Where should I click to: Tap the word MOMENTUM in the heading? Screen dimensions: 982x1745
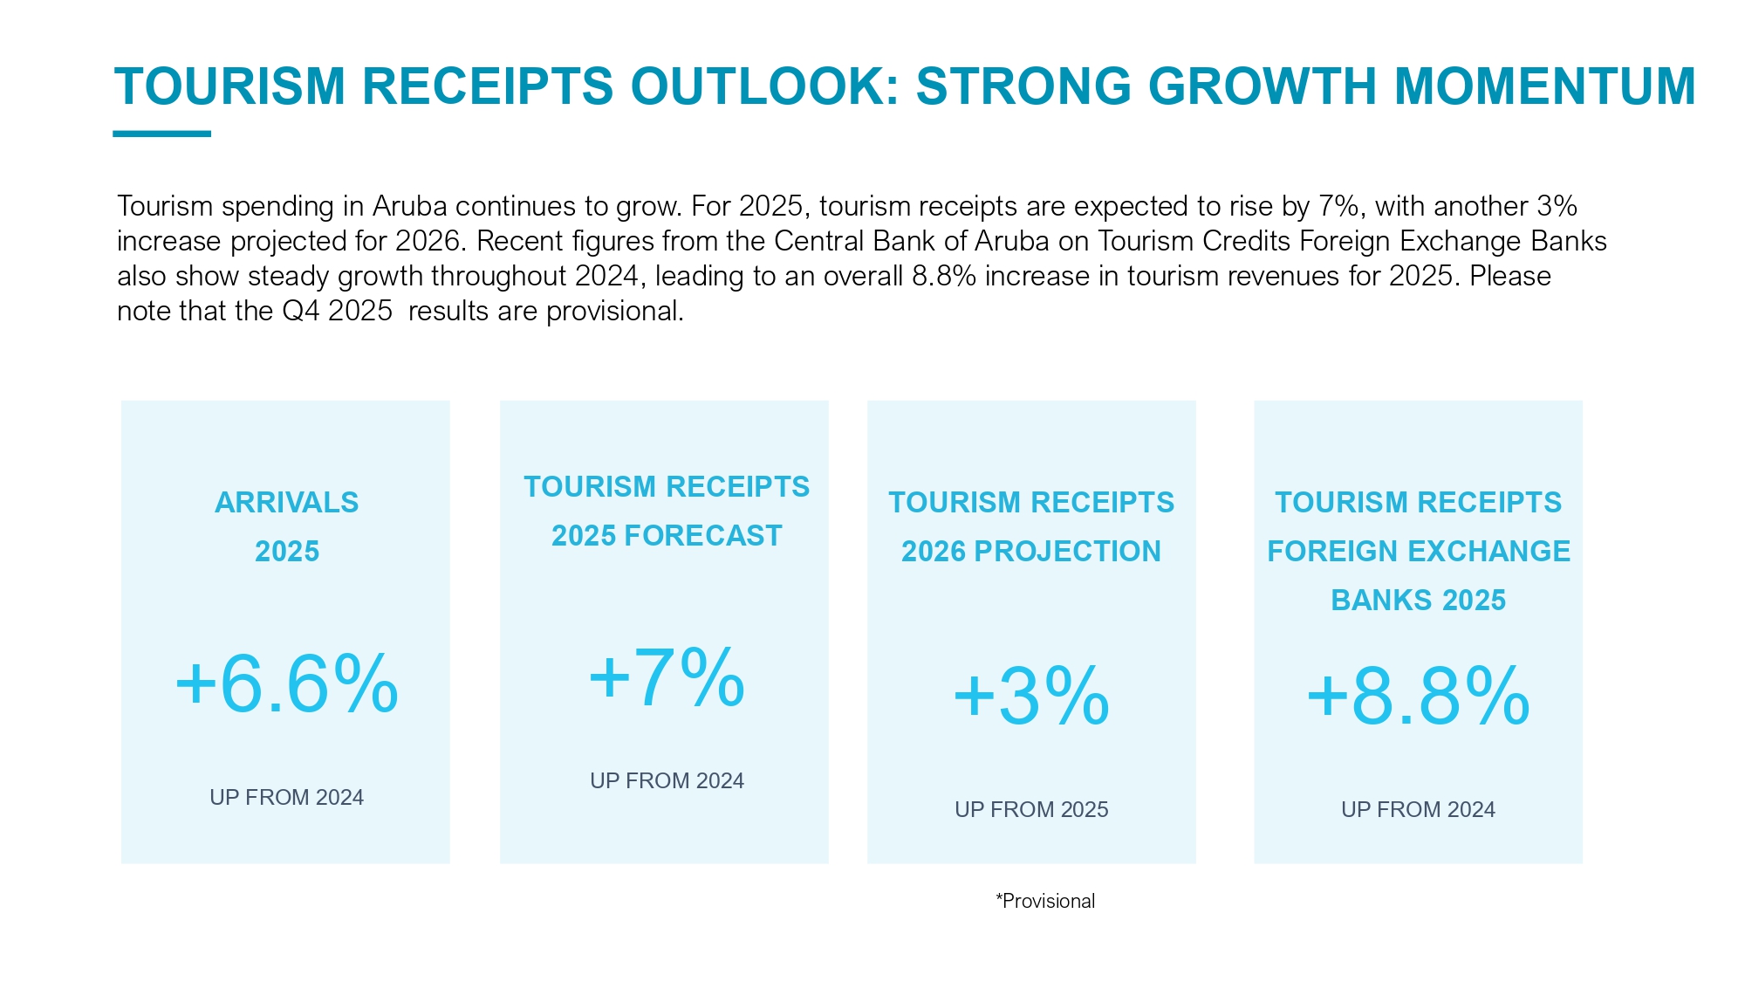tap(1544, 86)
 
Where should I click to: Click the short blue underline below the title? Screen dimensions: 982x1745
tap(161, 134)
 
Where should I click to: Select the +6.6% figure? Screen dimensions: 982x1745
tap(286, 685)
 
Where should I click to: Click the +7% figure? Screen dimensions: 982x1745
tap(667, 678)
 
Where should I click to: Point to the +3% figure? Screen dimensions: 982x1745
tap(1030, 697)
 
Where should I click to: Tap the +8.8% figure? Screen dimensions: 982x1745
tap(1418, 697)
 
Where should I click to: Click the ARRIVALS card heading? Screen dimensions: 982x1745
tap(286, 503)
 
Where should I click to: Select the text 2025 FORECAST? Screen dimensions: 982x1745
tap(667, 536)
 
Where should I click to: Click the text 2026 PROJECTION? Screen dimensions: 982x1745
tap(1030, 552)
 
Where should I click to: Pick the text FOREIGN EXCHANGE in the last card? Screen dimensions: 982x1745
tap(1418, 552)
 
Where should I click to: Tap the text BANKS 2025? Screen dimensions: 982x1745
tap(1418, 601)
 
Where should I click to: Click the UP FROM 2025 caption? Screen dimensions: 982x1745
tap(1030, 810)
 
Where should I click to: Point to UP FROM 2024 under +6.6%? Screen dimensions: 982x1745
tap(286, 798)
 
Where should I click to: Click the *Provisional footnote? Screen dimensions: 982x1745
tap(1045, 902)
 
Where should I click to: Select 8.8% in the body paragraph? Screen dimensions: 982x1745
tap(943, 277)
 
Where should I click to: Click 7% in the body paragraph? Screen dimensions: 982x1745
tap(1338, 207)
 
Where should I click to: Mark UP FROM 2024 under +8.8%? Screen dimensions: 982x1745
tap(1418, 810)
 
